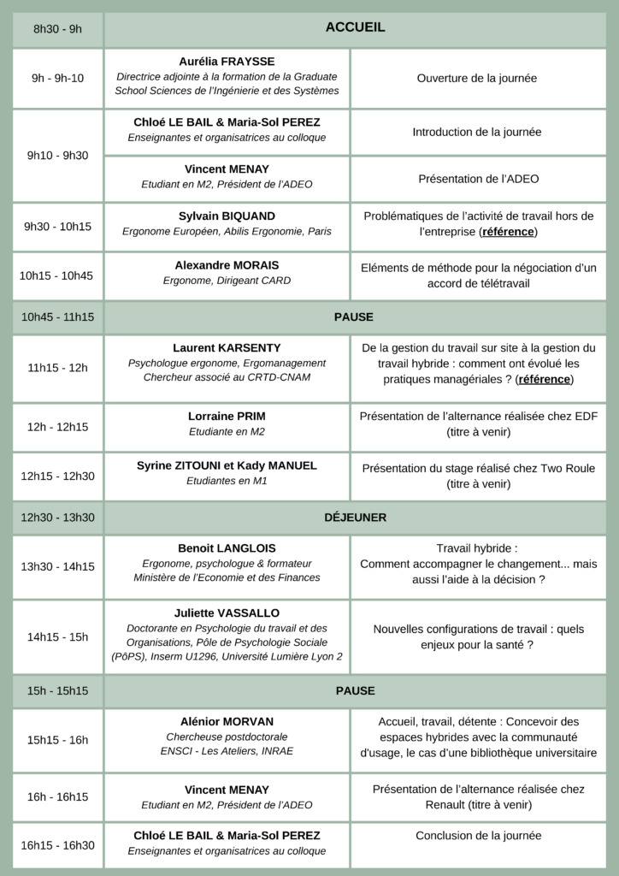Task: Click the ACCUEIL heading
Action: point(355,27)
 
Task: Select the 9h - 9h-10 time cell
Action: point(57,78)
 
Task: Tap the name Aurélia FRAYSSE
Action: point(227,62)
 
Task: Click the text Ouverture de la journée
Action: point(477,78)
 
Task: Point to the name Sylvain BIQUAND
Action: point(227,216)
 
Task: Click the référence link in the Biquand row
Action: point(508,232)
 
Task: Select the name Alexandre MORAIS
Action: point(227,265)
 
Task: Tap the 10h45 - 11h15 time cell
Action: point(57,317)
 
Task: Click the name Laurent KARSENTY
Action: point(227,348)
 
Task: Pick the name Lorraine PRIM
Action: point(227,417)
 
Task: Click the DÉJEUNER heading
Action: point(355,518)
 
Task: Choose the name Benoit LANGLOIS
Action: point(227,548)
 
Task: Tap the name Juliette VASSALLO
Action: point(227,613)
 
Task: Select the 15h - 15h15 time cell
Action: point(57,690)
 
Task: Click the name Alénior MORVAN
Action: point(227,721)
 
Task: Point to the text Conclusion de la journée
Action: point(477,835)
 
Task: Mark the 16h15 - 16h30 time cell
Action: point(57,845)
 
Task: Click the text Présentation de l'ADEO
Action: point(478,179)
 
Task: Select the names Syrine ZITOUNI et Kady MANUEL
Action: point(227,465)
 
